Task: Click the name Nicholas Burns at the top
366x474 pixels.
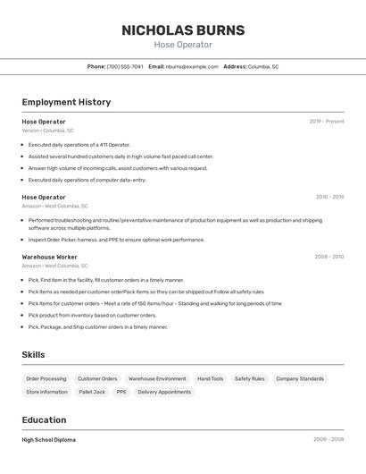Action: click(183, 30)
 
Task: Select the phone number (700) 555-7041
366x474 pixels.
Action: click(125, 66)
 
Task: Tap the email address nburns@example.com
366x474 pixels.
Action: click(192, 66)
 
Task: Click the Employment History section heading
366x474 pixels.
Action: click(66, 102)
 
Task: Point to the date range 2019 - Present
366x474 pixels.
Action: click(327, 122)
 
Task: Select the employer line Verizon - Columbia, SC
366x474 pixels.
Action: click(47, 131)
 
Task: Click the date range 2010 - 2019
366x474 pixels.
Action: click(329, 197)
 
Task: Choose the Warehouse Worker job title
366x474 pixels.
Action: click(49, 257)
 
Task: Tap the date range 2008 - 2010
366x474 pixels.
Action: click(329, 257)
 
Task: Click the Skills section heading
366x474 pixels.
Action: click(33, 355)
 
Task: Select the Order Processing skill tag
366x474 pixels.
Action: click(46, 379)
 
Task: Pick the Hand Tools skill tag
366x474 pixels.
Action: click(211, 379)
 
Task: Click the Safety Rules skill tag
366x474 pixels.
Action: click(250, 379)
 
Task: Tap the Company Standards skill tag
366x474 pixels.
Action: click(300, 379)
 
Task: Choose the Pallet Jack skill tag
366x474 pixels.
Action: click(92, 392)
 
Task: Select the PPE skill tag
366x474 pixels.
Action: click(121, 392)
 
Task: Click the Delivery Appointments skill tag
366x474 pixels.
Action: click(164, 392)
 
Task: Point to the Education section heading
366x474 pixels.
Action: click(44, 420)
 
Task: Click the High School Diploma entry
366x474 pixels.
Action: click(48, 440)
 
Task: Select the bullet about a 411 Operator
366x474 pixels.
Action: click(79, 144)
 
